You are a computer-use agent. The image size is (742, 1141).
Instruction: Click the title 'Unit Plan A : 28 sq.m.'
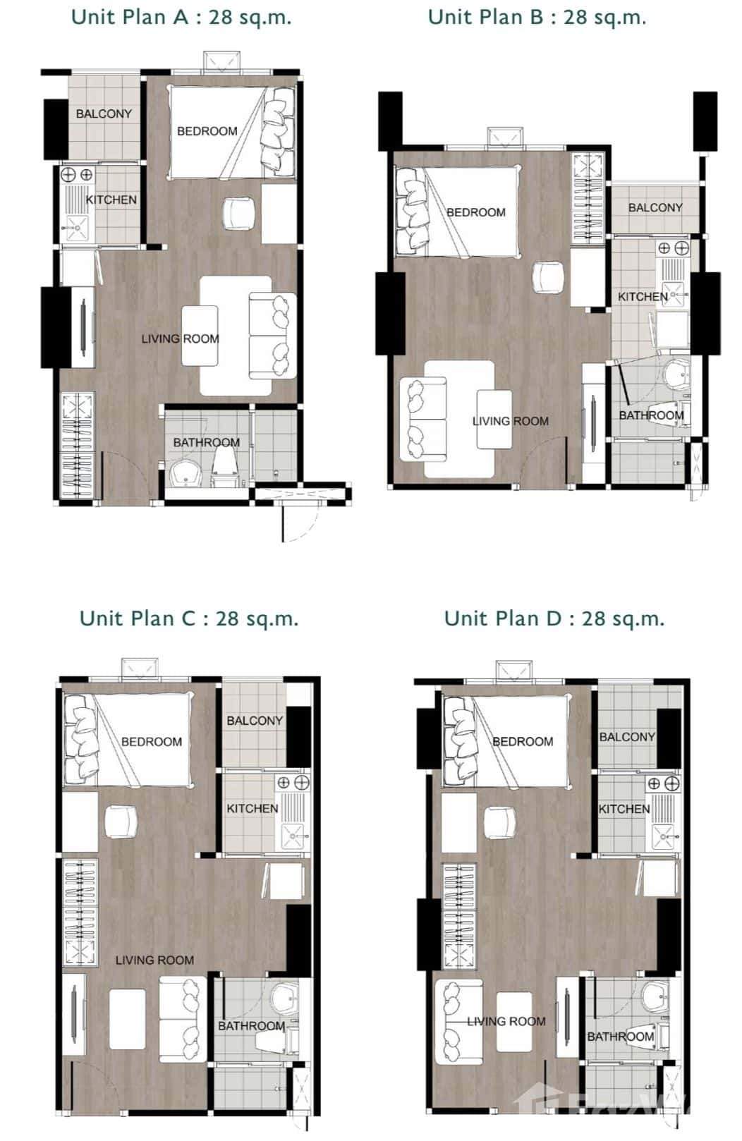(x=181, y=17)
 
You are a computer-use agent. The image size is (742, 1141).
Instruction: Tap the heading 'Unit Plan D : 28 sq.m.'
(x=554, y=618)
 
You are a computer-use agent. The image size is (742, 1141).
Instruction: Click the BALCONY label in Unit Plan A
(x=104, y=114)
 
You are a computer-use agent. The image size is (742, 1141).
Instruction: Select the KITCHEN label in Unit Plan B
(x=643, y=297)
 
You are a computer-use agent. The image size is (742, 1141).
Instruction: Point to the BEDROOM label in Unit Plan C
(x=152, y=742)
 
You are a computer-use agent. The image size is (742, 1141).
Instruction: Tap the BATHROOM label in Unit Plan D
(x=621, y=1037)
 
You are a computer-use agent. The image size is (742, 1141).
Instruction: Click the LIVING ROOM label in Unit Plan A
(x=180, y=338)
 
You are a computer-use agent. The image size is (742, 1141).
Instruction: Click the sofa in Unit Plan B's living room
(x=422, y=420)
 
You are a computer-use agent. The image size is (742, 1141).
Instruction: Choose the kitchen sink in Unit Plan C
(x=294, y=836)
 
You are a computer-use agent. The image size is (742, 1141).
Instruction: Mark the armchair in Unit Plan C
(x=121, y=822)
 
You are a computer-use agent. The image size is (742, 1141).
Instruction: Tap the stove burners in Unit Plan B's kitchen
(x=673, y=248)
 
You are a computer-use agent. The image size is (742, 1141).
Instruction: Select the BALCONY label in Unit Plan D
(x=627, y=737)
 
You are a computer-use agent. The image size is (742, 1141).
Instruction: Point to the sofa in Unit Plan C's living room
(x=183, y=1019)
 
